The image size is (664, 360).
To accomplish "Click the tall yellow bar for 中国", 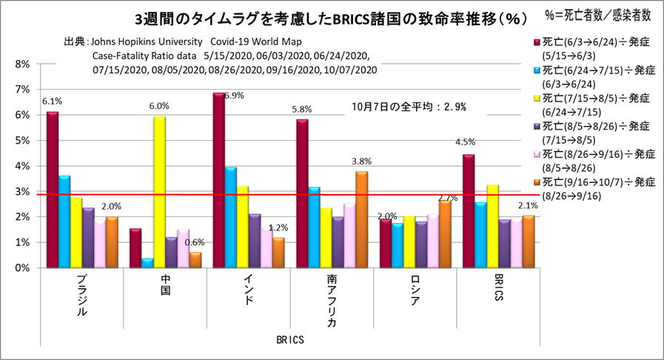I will coord(159,192).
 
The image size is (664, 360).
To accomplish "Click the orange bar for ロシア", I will coord(444,234).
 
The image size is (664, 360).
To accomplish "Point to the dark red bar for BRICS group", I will coord(469,211).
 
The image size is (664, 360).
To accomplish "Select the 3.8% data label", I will coord(361,161).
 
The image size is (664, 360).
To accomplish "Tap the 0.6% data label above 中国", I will coord(195,242).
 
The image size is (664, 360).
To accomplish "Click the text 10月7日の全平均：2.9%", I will coord(409,107).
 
